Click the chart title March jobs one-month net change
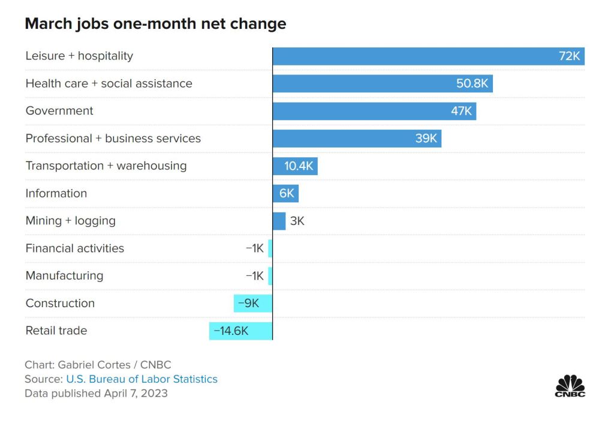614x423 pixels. coord(155,24)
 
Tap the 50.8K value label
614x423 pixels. coord(472,83)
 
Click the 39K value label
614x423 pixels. coord(426,139)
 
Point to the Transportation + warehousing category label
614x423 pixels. coord(106,166)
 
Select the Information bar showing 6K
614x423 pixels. coord(285,193)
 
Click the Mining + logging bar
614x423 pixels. coord(279,221)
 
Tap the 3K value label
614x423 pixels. coord(297,221)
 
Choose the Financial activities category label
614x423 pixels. coord(75,248)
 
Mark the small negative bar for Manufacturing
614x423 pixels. coord(270,276)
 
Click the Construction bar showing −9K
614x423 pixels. coord(253,304)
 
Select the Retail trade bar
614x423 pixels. coord(241,331)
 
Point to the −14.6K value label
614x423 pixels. coord(231,331)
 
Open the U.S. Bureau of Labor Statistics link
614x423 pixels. coord(142,379)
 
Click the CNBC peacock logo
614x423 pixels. coord(570,385)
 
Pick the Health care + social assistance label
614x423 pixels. coord(109,83)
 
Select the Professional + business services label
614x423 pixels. coord(113,139)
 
